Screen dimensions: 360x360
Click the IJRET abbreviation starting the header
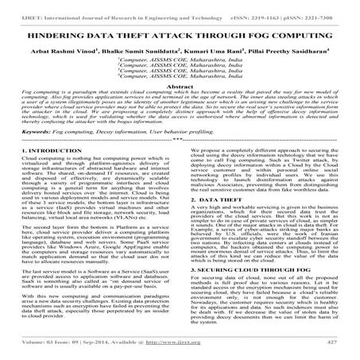pos(14,7)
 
